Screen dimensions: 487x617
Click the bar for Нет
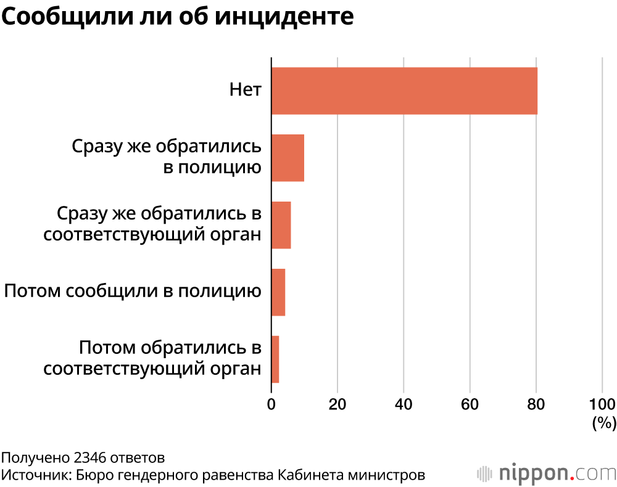404,91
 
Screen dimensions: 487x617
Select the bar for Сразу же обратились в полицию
288,158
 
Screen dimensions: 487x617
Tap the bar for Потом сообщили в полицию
278,292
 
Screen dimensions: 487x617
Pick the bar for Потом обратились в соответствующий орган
275,359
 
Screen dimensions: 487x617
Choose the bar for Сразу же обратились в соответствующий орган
281,225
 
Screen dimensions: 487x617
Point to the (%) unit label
604,423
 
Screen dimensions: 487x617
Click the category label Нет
246,91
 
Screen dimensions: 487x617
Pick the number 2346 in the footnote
89,458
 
